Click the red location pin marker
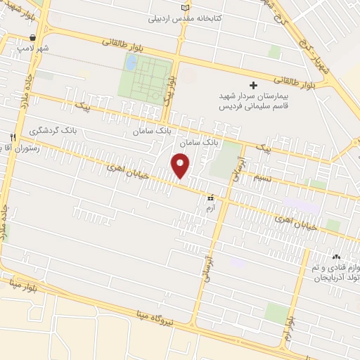pyautogui.click(x=181, y=166)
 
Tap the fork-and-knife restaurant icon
pyautogui.click(x=12, y=137)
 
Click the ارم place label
pyautogui.click(x=210, y=208)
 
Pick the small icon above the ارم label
pyautogui.click(x=210, y=198)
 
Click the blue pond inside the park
pyautogui.click(x=131, y=63)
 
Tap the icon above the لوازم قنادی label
pyautogui.click(x=335, y=257)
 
